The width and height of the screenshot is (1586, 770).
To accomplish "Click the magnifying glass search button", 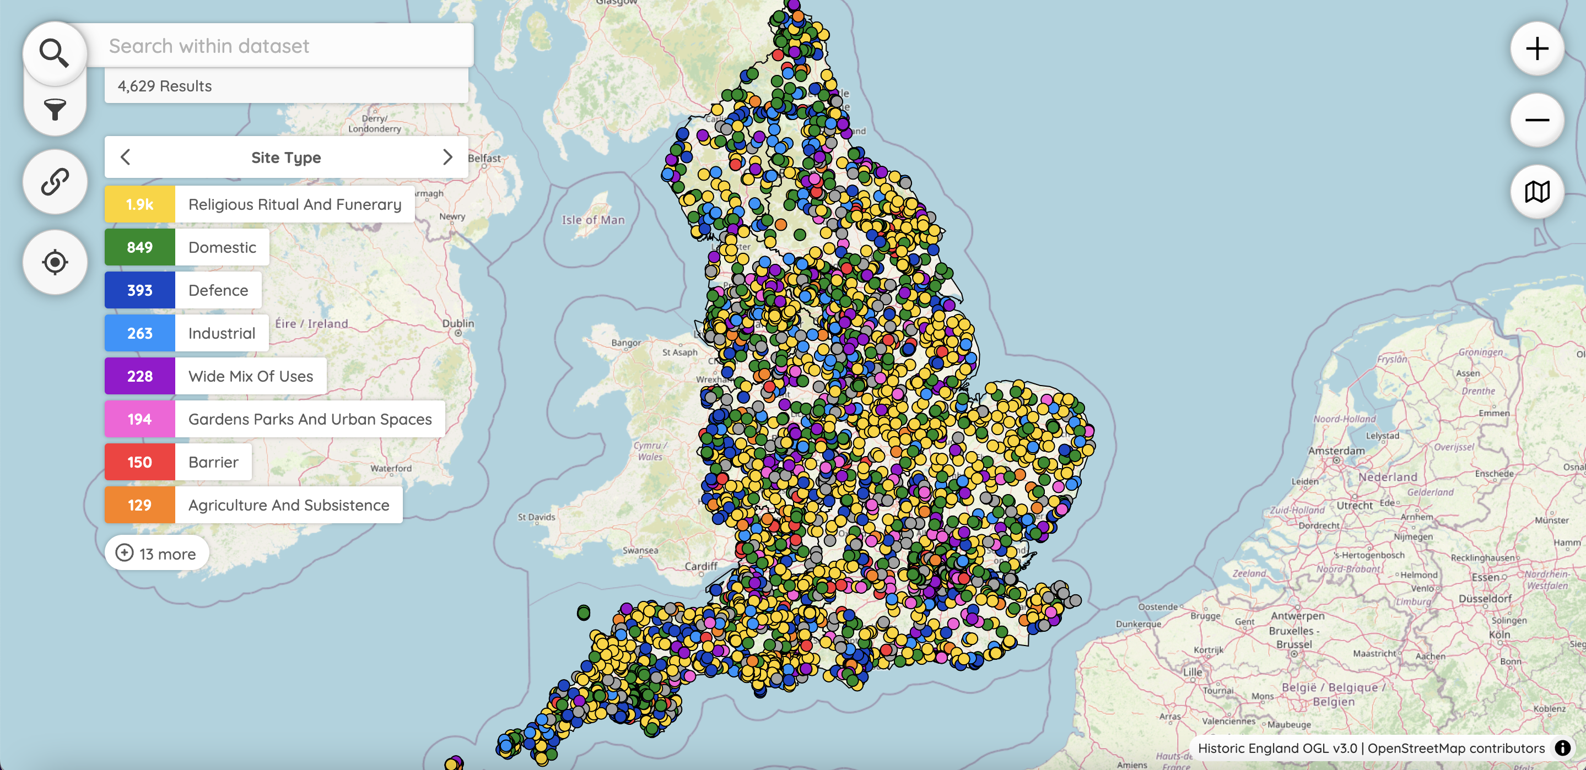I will click(54, 52).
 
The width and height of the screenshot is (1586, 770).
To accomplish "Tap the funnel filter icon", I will click(54, 110).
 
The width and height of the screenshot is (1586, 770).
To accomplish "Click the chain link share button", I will click(54, 182).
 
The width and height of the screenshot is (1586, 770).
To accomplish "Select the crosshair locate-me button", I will click(54, 262).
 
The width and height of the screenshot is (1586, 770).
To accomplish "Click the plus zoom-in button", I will click(1537, 48).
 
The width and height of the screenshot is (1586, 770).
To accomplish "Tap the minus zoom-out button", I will click(1537, 120).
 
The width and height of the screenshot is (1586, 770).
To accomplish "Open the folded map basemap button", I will click(1537, 192).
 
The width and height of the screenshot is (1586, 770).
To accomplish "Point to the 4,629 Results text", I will click(164, 86).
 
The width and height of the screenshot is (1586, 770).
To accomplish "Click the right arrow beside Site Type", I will click(447, 158).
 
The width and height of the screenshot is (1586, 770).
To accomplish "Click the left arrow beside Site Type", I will click(126, 158).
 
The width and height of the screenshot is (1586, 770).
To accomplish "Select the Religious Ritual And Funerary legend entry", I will click(294, 204).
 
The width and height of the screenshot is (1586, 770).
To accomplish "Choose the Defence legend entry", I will click(218, 290).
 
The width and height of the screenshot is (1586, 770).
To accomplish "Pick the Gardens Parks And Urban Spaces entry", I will click(310, 419).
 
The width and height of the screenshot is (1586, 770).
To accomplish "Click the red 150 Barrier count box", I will click(140, 462).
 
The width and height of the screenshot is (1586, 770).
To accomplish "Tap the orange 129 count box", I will click(140, 505).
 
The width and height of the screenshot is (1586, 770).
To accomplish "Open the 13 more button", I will click(157, 554).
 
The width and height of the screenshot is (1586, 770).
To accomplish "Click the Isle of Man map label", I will click(593, 220).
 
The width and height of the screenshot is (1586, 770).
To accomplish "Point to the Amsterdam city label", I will click(1336, 451).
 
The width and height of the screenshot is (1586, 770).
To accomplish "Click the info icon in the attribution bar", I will click(1562, 748).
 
